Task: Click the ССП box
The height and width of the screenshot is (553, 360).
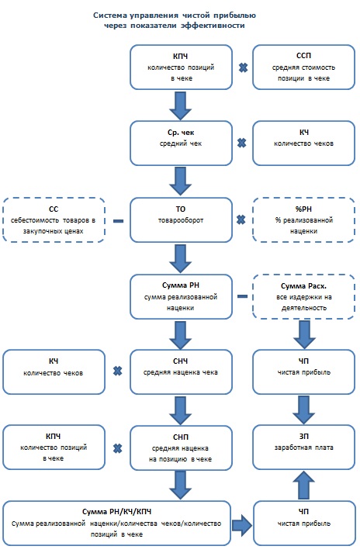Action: pos(303,67)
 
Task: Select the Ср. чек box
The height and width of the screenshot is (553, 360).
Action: pos(181,143)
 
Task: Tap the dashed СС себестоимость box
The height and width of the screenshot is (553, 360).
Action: pos(54,219)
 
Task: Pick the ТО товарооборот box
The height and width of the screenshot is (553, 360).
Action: pos(181,219)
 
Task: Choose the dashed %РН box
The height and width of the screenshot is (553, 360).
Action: pos(303,219)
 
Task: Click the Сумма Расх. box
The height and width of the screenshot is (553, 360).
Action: pos(303,296)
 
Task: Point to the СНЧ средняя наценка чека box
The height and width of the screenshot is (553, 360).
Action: pos(181,372)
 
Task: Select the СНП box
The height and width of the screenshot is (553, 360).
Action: pos(181,448)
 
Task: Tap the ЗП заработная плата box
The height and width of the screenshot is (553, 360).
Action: pos(303,448)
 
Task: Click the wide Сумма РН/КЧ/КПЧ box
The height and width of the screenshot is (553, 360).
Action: pos(117,523)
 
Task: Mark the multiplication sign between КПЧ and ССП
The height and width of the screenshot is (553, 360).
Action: pos(243,67)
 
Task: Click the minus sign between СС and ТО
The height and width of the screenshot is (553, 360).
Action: pos(118,221)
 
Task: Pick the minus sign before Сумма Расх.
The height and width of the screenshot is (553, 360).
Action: pos(243,296)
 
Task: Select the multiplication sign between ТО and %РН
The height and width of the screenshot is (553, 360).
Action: pos(241,220)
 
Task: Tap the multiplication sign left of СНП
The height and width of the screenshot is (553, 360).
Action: pos(117,448)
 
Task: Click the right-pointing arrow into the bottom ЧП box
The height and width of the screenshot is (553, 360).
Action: pos(242,525)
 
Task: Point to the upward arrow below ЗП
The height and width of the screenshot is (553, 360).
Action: pos(303,486)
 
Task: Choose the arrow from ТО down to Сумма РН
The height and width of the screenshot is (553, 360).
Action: pos(180,259)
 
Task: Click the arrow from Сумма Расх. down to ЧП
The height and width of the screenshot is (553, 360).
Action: pos(304,335)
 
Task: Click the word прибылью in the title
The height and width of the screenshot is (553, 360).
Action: pos(235,16)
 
